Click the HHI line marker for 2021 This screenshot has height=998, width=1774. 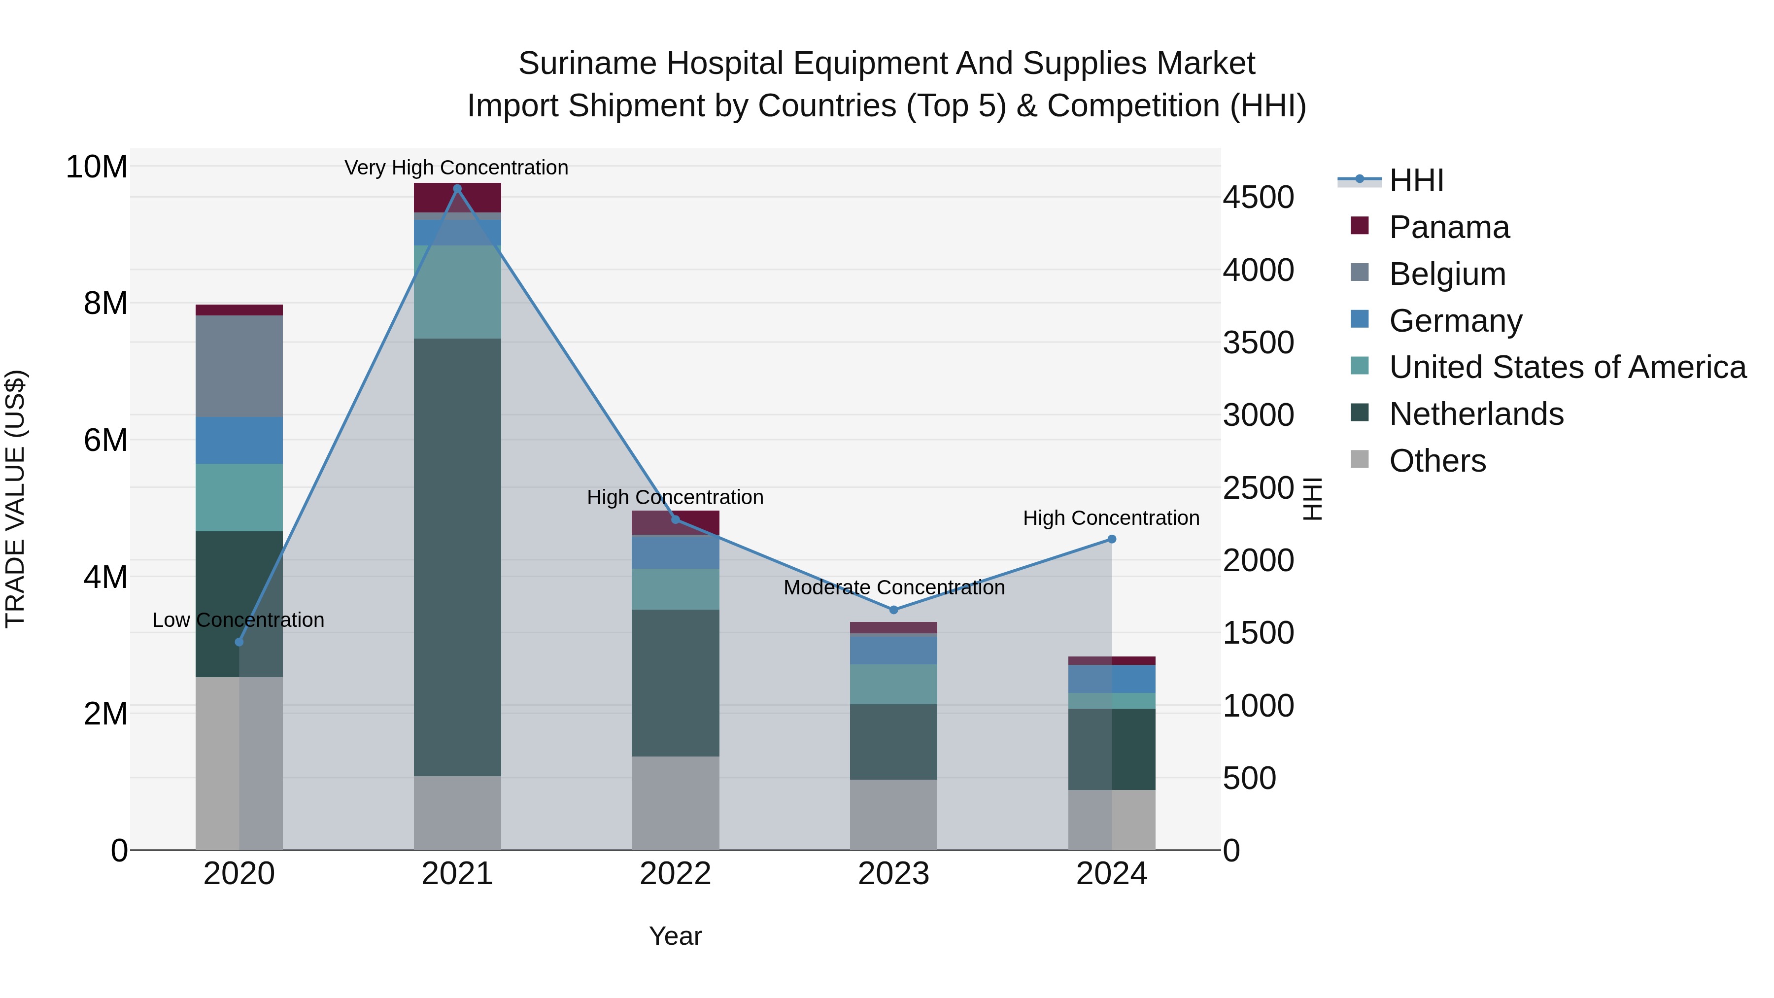point(457,189)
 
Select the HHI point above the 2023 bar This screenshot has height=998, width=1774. point(893,610)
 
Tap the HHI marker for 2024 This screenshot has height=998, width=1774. point(1112,539)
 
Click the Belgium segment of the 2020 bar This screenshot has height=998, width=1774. point(239,366)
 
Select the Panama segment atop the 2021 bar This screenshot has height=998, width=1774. point(457,198)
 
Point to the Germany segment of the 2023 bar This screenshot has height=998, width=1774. point(893,650)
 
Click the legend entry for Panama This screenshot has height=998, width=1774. point(1449,227)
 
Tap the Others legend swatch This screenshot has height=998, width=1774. point(1360,459)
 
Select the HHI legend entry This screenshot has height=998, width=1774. point(1416,180)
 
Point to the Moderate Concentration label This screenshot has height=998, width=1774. point(894,587)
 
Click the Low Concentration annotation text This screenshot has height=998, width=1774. point(239,620)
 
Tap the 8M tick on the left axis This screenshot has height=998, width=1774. point(105,303)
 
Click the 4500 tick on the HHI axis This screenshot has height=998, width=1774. point(1258,198)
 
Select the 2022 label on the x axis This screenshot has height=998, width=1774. point(675,874)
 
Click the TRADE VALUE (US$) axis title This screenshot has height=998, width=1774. point(15,499)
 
